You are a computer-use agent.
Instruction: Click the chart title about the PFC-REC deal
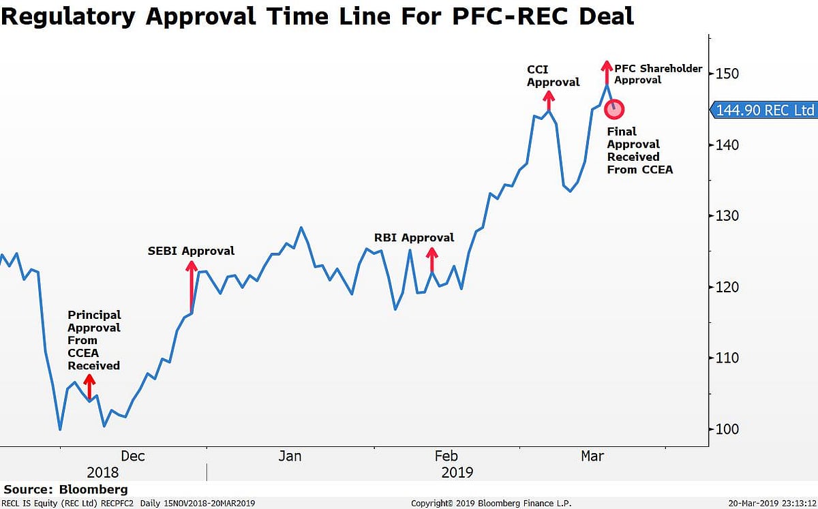tap(318, 16)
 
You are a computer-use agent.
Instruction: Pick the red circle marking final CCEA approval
tap(614, 108)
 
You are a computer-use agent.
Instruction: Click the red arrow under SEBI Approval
tap(192, 287)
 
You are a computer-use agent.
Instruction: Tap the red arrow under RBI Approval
tap(431, 260)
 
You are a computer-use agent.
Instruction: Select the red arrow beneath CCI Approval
tap(549, 100)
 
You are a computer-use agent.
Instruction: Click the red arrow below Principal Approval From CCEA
tap(89, 386)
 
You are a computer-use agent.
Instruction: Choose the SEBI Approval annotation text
tap(191, 251)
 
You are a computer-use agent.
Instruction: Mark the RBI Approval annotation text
tap(414, 238)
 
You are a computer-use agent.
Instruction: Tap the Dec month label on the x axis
tap(132, 456)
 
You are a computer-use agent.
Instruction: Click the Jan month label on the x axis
tap(290, 456)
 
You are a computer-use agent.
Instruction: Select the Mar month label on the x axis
tap(592, 456)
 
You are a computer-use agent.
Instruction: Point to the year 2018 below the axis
tap(102, 472)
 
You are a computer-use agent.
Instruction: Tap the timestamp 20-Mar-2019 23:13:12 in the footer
tap(770, 504)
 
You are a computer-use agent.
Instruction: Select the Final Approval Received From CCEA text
tap(639, 151)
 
